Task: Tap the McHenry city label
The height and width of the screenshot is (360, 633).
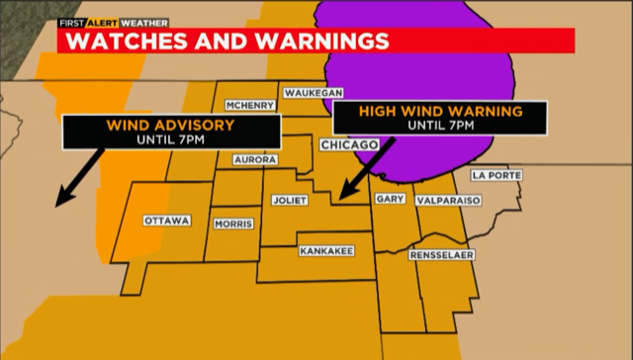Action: tap(249, 106)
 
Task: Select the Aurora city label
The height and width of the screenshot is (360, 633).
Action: tap(254, 159)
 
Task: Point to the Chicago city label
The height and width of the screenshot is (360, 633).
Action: tap(349, 145)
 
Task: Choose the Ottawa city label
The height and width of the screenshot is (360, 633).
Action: tap(166, 221)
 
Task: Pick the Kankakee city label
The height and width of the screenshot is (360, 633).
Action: tap(325, 251)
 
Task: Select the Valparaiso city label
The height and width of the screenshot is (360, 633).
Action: tap(452, 199)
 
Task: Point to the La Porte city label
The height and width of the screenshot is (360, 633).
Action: tap(497, 175)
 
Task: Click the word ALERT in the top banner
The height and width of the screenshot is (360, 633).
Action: tap(103, 21)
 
